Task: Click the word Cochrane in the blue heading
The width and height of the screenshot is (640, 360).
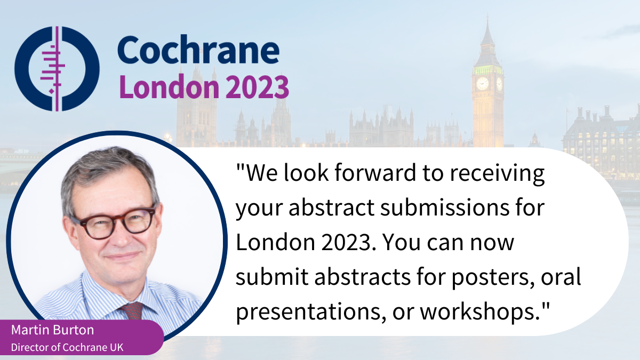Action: click(x=198, y=50)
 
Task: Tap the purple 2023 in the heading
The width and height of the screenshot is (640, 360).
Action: click(x=258, y=86)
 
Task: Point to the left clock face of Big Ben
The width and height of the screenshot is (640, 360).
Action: click(x=482, y=84)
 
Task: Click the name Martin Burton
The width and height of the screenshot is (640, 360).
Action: click(x=53, y=330)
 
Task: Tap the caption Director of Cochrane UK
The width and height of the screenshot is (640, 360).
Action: click(x=67, y=347)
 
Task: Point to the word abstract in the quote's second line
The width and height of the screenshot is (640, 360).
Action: click(x=331, y=207)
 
